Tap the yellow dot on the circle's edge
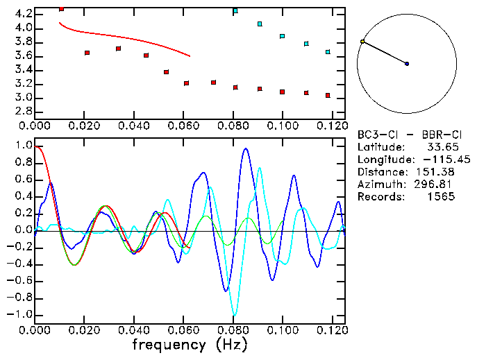coord(362,42)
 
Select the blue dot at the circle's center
coord(407,64)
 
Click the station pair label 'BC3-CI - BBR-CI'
coord(405,134)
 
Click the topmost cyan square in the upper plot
coord(235,10)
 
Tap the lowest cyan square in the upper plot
coord(328,52)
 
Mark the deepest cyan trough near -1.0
coord(235,314)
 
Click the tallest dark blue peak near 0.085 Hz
coord(245,148)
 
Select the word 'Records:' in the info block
coord(380,196)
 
